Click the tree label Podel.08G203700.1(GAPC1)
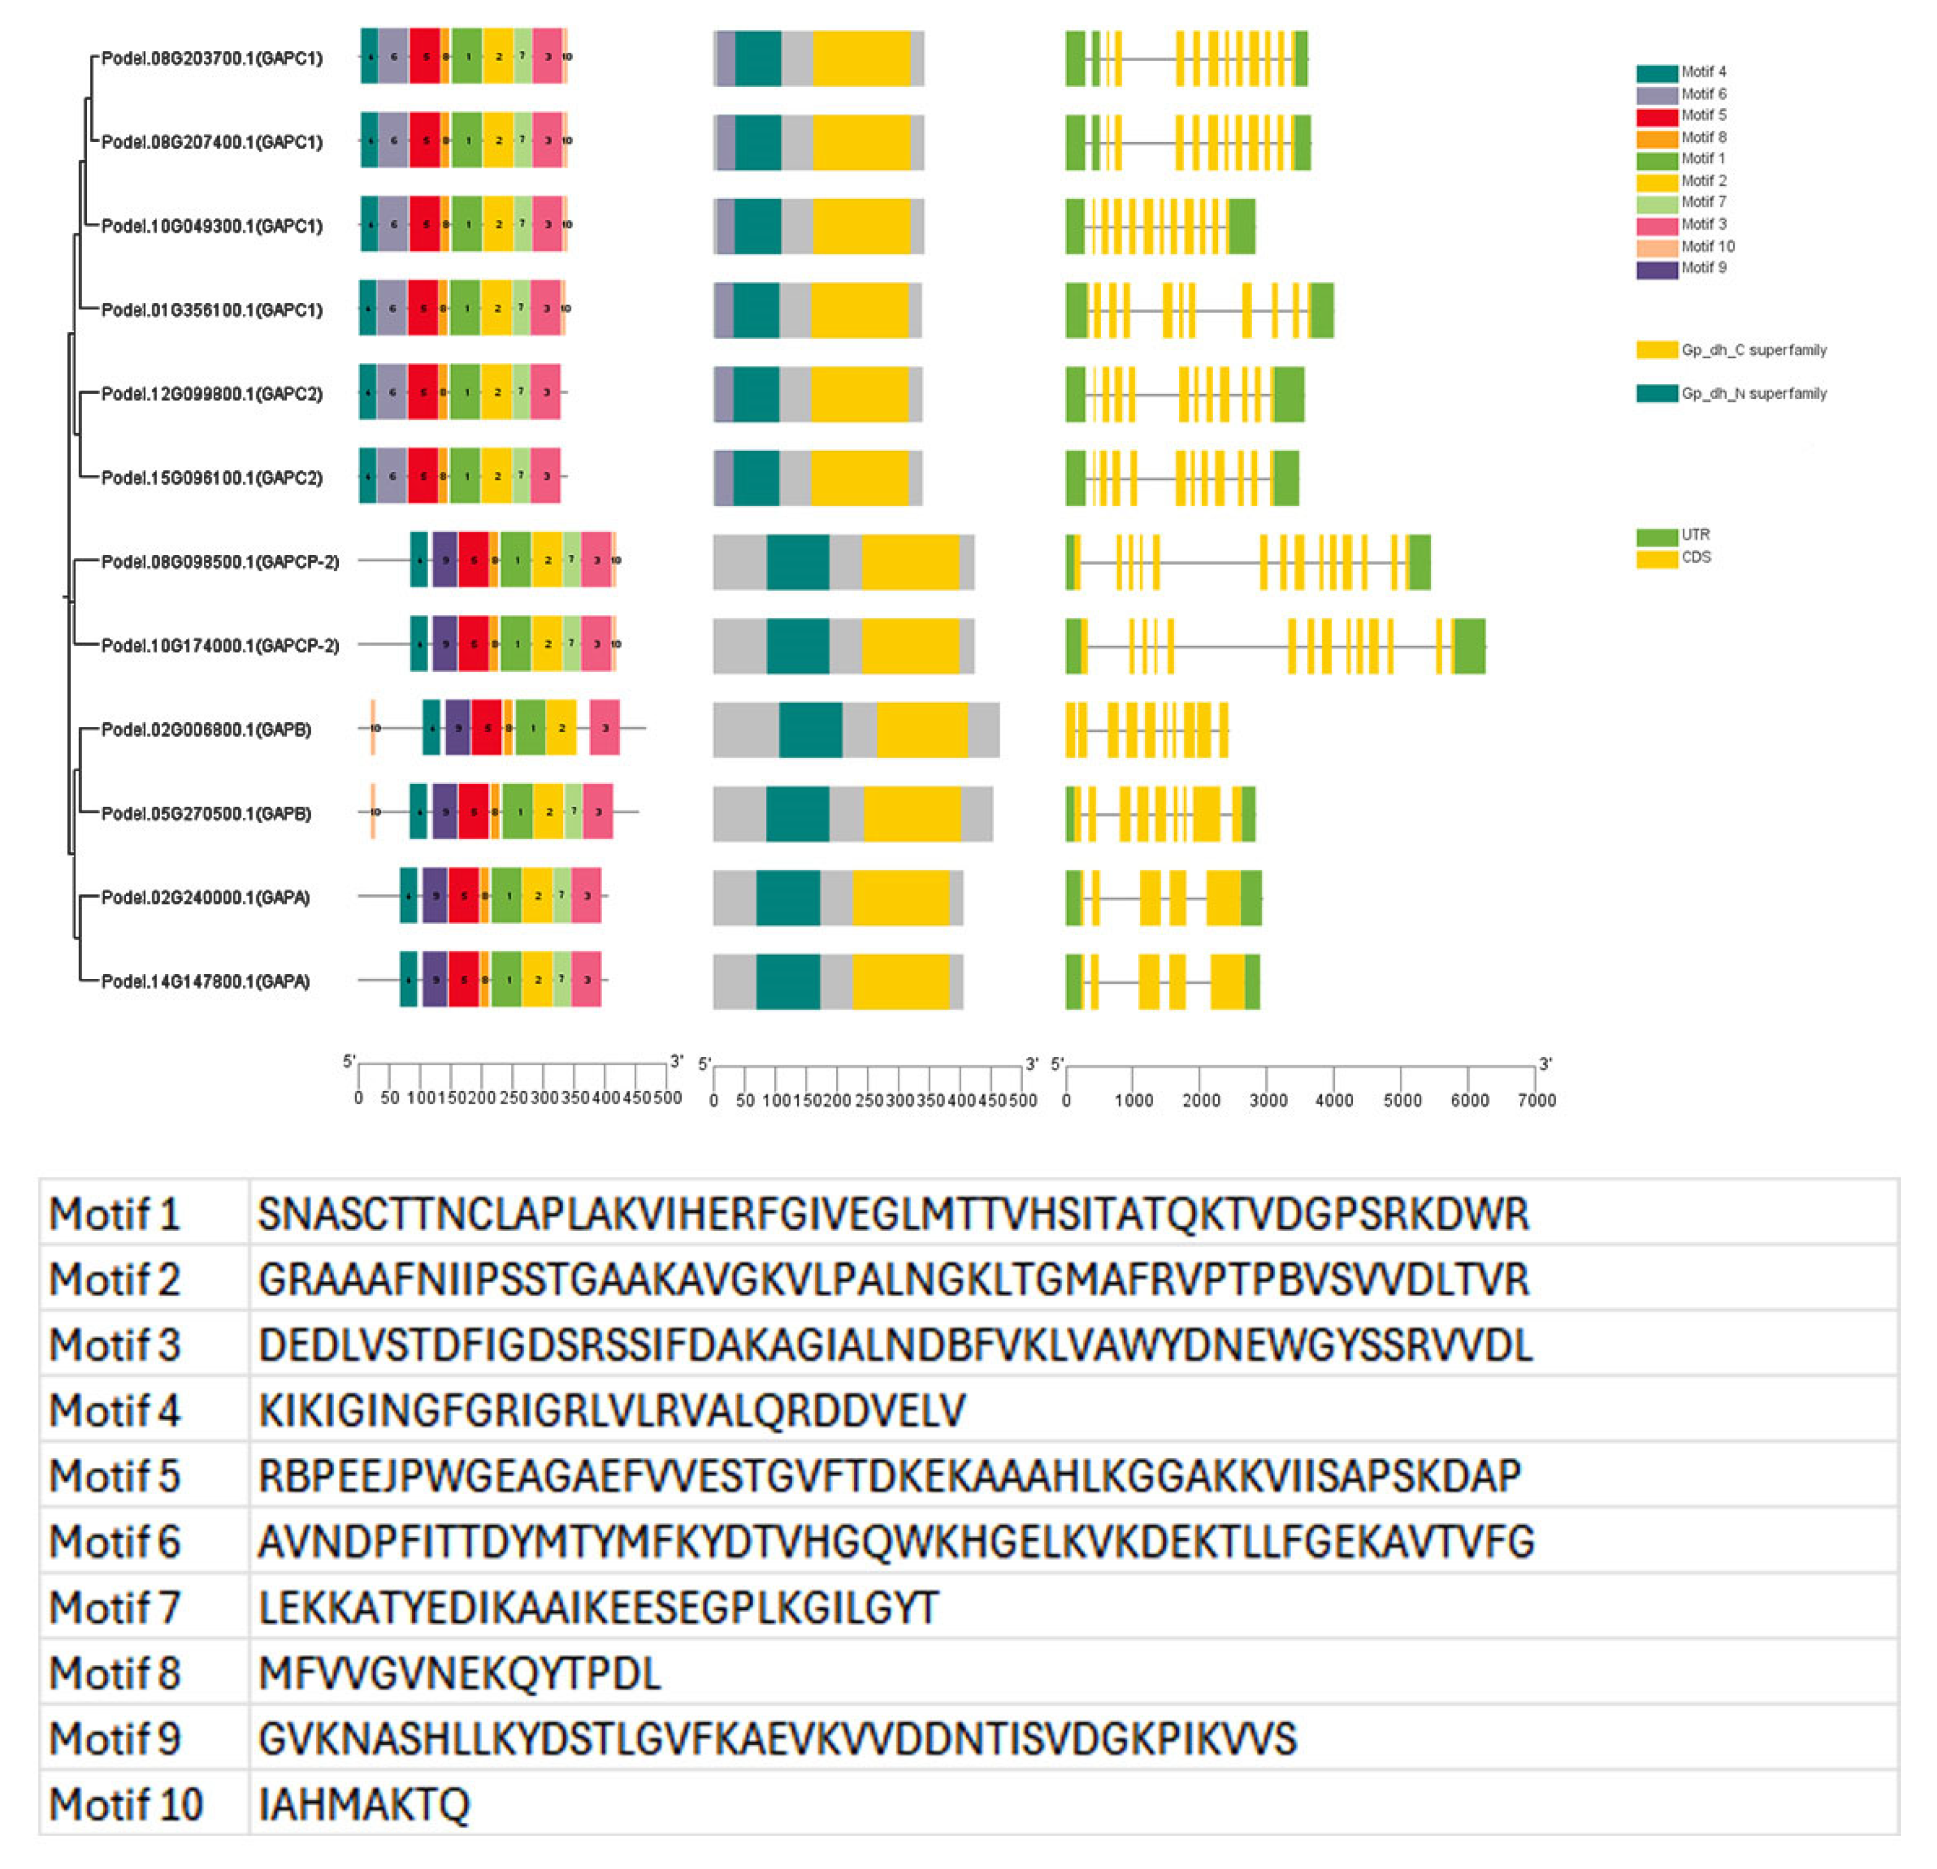[212, 58]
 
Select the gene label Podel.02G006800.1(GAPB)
[206, 729]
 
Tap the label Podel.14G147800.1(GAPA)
[206, 981]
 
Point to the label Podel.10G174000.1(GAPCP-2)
[219, 645]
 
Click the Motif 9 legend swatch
[1656, 269]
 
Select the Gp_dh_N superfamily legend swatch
[1656, 393]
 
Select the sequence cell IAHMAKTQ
[363, 1804]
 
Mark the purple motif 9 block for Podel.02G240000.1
[435, 897]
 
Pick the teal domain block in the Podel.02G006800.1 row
[810, 729]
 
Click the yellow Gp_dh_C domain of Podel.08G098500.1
[910, 561]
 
